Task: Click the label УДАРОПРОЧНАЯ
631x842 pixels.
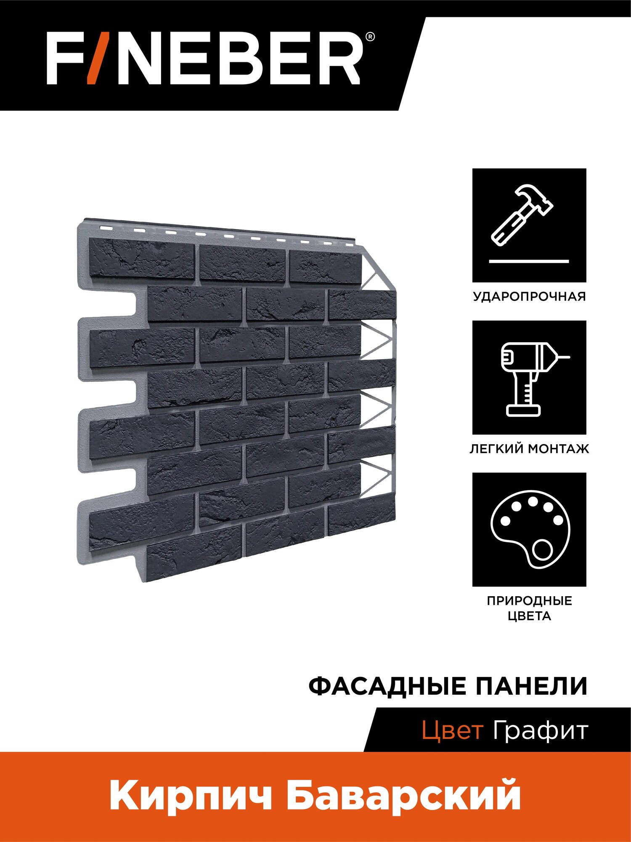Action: (529, 296)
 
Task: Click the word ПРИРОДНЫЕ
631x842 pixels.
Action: (529, 601)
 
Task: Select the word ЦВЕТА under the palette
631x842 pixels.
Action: (529, 616)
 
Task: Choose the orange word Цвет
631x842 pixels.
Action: (452, 731)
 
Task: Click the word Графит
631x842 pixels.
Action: (540, 731)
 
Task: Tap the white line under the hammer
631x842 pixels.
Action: (529, 261)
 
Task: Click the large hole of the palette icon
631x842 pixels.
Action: (542, 550)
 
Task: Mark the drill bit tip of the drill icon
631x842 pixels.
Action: (569, 358)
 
